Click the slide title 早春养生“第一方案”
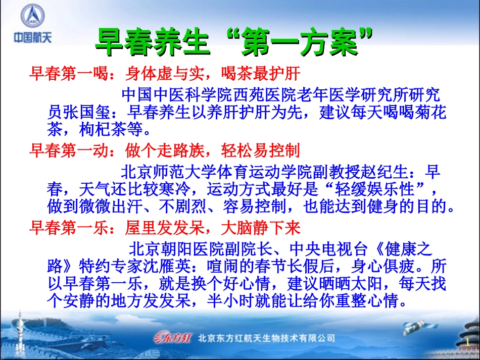click(234, 42)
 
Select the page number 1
click(467, 343)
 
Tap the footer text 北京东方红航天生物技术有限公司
click(267, 338)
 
